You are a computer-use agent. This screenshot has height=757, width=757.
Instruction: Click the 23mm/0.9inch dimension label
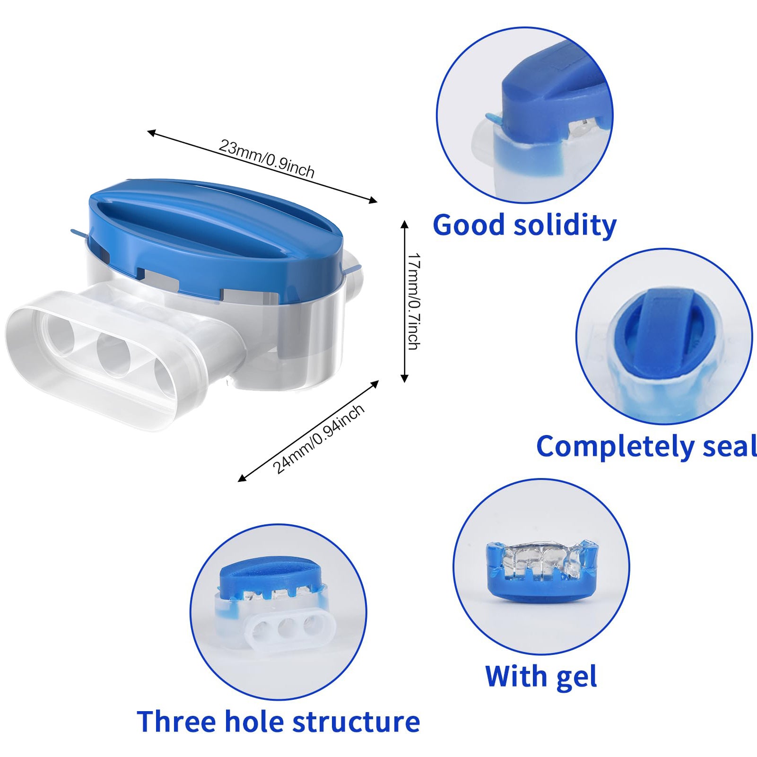click(267, 158)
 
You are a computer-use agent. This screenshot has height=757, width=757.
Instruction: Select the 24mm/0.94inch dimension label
click(318, 439)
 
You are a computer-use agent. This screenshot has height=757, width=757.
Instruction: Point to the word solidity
click(565, 226)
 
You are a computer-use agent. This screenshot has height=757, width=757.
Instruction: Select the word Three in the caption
click(176, 722)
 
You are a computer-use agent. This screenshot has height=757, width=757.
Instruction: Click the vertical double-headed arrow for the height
click(404, 301)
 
